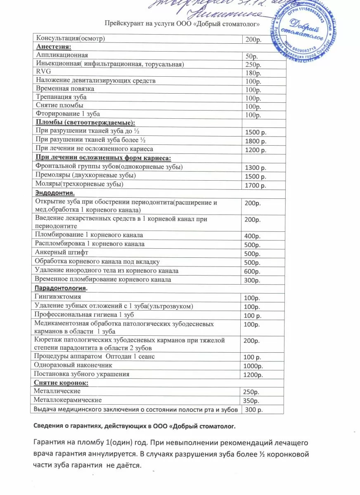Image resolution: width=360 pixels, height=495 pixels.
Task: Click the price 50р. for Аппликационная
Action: click(250, 56)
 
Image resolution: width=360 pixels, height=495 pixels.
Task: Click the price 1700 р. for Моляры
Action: click(256, 186)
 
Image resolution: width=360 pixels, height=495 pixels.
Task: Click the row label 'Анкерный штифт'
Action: click(62, 252)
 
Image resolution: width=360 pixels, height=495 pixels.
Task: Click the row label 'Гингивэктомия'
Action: click(58, 297)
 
